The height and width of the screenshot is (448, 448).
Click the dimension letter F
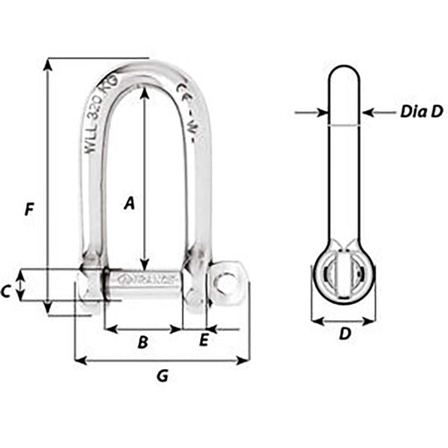point(29,210)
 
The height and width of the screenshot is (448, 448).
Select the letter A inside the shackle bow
point(129,203)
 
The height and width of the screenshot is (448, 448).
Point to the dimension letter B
point(143,342)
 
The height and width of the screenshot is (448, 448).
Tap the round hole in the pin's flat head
point(227,283)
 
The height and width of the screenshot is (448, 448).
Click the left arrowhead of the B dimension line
point(108,329)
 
